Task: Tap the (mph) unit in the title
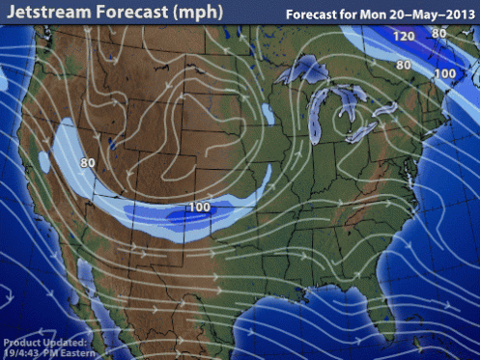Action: click(196, 13)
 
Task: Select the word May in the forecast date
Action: click(416, 15)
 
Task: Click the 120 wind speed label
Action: click(403, 37)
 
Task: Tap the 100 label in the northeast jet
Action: click(445, 73)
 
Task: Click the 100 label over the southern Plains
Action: click(200, 207)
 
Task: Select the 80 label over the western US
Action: click(87, 163)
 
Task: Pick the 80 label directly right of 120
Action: click(439, 34)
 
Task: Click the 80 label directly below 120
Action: click(404, 66)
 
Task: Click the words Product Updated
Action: click(44, 343)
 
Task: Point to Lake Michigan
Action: click(315, 116)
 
